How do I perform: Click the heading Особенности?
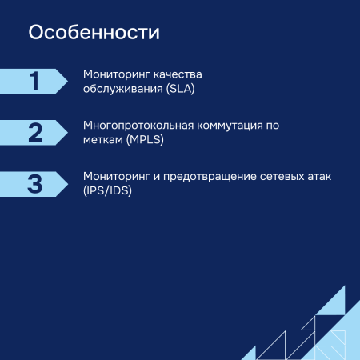(94, 34)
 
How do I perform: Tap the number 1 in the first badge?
(34, 82)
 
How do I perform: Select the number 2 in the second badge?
(34, 133)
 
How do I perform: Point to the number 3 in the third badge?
(34, 184)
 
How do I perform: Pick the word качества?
(178, 74)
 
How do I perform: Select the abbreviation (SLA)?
(181, 89)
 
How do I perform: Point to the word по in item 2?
(279, 126)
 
